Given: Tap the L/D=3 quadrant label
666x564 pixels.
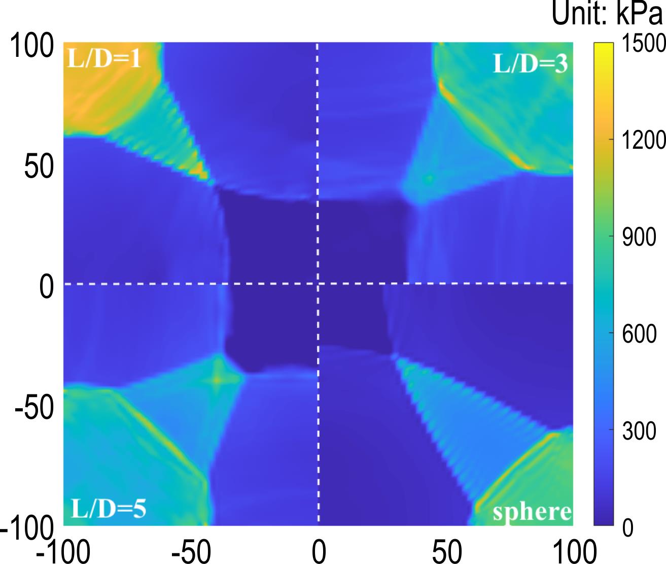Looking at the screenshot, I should point(531,64).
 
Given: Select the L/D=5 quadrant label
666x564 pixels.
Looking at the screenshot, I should point(108,508).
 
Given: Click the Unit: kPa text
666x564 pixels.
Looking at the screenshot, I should point(607,15).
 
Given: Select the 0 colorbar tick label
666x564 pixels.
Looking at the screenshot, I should point(627,528).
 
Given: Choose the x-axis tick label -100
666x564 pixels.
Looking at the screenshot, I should point(63,551).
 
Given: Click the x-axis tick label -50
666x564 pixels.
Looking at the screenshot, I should point(191,551).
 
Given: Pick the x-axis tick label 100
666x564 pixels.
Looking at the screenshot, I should point(573,551).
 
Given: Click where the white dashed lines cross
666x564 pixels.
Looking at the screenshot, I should point(318,283).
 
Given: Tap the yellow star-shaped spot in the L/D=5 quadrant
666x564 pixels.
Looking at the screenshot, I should point(218,379).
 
